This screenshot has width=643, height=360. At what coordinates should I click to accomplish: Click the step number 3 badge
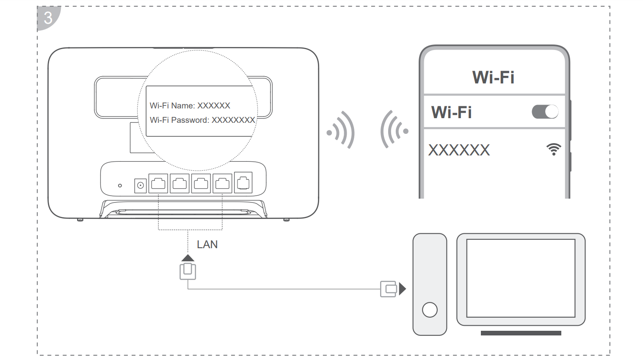coord(48,18)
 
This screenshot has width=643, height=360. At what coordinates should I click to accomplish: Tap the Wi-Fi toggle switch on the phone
coord(545,112)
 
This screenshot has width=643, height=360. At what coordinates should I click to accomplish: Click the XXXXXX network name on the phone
coord(459,150)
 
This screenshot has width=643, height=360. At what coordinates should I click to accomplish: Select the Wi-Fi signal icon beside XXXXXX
coord(553,149)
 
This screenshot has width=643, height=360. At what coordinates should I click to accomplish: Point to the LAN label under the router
coord(207,244)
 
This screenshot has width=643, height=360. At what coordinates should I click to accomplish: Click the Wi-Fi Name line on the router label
coord(190,105)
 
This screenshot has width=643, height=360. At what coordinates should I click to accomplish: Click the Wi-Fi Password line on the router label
coord(202,120)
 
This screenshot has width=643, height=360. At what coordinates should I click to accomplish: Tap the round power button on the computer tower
coord(430,310)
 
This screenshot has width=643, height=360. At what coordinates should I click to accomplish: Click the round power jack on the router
coord(140,185)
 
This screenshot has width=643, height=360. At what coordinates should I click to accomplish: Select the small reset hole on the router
coord(120,186)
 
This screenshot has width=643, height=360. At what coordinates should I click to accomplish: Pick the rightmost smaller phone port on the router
coord(243,183)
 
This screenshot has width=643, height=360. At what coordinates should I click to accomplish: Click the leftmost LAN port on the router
coord(158,183)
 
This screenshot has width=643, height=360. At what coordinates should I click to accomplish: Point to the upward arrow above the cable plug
coord(188,258)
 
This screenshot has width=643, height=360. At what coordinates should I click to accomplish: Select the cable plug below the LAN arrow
coord(188,271)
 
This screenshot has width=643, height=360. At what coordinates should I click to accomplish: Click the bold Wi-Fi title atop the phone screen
coord(493,77)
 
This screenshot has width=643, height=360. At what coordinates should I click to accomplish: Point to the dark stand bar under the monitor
coord(521,333)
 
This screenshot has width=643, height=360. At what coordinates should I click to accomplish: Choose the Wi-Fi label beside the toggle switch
coord(451,112)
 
